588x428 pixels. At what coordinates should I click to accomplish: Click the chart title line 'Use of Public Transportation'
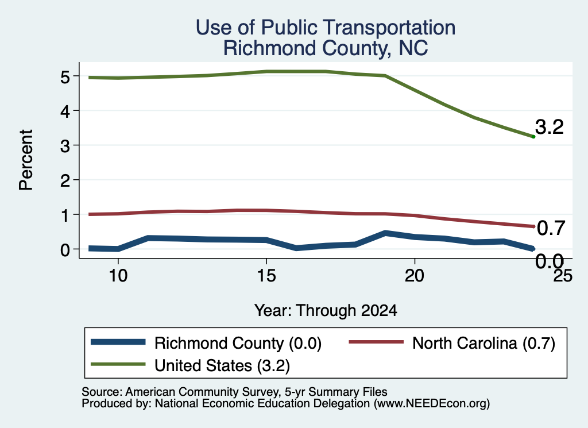point(326,28)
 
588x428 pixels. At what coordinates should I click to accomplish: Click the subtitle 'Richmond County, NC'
point(326,48)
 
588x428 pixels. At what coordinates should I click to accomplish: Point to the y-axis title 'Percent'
point(26,160)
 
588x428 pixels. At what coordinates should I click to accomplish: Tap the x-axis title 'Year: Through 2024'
point(326,311)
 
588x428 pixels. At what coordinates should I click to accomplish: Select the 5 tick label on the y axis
point(65,77)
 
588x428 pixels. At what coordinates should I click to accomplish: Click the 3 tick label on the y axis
point(65,146)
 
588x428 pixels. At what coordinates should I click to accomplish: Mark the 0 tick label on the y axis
point(65,250)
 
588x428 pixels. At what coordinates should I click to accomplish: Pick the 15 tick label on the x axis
point(266,276)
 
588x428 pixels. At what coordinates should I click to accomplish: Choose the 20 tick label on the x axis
point(415,276)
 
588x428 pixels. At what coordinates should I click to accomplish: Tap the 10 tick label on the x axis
point(118,276)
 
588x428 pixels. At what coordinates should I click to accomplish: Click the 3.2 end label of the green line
point(550,127)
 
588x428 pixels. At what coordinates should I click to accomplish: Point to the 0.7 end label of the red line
point(551,228)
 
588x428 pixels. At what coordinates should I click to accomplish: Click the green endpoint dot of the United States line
point(533,137)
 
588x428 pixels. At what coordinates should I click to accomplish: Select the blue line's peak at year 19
point(385,233)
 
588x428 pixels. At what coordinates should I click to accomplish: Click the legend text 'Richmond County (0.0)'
point(238,343)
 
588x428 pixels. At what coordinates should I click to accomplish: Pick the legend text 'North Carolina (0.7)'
point(483,343)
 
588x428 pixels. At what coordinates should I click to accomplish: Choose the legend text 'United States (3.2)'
point(222,365)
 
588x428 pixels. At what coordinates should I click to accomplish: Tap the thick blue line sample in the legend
point(118,342)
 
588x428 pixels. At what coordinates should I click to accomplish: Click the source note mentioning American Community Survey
point(234,392)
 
